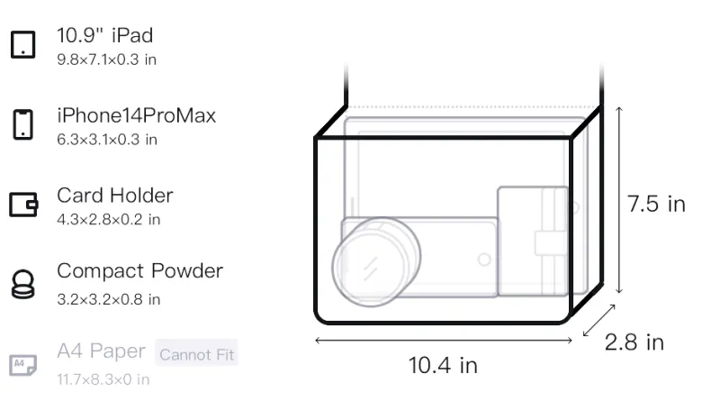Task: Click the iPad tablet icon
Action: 23,44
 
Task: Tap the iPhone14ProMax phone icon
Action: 23,124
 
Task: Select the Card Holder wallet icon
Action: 23,205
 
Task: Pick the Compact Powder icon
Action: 23,285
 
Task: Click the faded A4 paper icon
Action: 23,365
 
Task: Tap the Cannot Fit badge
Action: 196,354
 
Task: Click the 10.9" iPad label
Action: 104,35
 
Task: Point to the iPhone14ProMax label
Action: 137,115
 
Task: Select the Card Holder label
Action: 115,196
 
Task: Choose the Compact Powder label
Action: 140,271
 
